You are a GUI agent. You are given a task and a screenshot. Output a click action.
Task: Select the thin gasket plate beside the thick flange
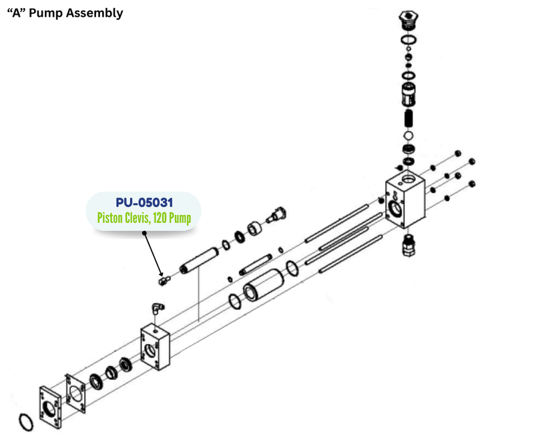coord(77,393)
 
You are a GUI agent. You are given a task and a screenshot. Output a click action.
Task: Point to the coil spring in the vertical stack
coord(410,120)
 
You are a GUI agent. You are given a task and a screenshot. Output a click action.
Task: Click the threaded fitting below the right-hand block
coord(408,246)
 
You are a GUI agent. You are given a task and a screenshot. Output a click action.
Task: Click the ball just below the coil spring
coord(409,136)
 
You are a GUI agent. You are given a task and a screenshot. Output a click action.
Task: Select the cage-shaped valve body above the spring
coord(409,96)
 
